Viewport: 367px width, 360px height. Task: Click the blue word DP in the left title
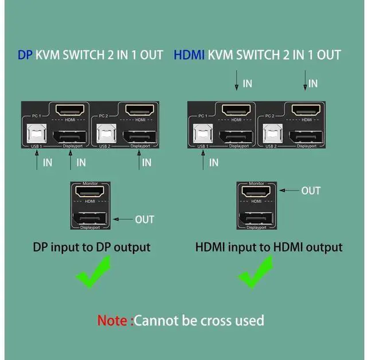click(25, 55)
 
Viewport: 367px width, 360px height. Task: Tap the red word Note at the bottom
click(114, 320)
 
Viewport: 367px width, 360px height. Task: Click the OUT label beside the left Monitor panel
click(145, 219)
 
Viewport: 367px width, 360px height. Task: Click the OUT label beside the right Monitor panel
click(311, 191)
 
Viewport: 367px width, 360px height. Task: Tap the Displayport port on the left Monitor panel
click(89, 219)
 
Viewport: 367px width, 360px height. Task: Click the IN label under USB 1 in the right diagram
click(214, 162)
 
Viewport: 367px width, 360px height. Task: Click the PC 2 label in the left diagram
click(104, 117)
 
